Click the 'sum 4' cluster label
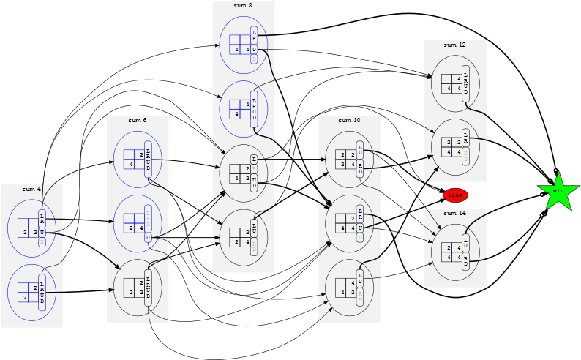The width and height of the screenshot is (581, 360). click(31, 189)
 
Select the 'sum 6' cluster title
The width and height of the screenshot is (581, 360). click(138, 120)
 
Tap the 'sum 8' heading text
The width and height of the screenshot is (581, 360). click(244, 5)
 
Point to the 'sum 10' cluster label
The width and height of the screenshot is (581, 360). click(349, 120)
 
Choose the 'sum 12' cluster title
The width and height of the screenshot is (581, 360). click(455, 45)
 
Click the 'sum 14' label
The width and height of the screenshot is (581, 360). click(455, 213)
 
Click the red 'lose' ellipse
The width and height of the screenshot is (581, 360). click(455, 195)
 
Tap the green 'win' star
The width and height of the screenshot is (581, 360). click(558, 191)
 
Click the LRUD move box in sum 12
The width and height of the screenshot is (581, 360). click(466, 83)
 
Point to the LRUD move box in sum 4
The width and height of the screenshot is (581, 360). click(42, 293)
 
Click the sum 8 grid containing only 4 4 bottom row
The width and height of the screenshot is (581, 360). click(240, 45)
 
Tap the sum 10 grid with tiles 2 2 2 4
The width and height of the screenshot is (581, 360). click(346, 160)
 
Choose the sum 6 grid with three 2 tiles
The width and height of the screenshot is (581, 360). click(134, 288)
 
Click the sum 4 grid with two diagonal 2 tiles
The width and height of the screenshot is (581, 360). click(28, 293)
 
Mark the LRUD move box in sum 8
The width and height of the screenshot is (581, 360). click(254, 109)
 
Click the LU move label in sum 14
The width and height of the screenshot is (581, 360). click(466, 244)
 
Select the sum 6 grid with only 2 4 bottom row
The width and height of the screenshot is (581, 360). click(134, 223)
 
